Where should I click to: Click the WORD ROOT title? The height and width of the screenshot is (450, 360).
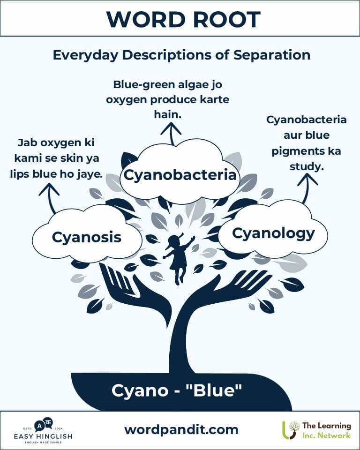[183, 19]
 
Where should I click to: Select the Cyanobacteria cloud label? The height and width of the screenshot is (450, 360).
[180, 175]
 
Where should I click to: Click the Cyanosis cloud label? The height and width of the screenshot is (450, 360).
[87, 237]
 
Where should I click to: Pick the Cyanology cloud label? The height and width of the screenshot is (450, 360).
[273, 234]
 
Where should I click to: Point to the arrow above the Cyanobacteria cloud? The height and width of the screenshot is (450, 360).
[171, 134]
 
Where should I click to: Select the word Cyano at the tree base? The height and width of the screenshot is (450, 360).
[140, 391]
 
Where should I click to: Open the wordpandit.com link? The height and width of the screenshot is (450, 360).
[181, 430]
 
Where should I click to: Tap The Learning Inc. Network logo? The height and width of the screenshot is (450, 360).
[316, 430]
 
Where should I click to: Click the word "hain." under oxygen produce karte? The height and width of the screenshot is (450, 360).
[168, 114]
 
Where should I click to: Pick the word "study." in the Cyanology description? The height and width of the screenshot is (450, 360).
[307, 166]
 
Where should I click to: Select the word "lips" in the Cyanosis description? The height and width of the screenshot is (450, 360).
[20, 174]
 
